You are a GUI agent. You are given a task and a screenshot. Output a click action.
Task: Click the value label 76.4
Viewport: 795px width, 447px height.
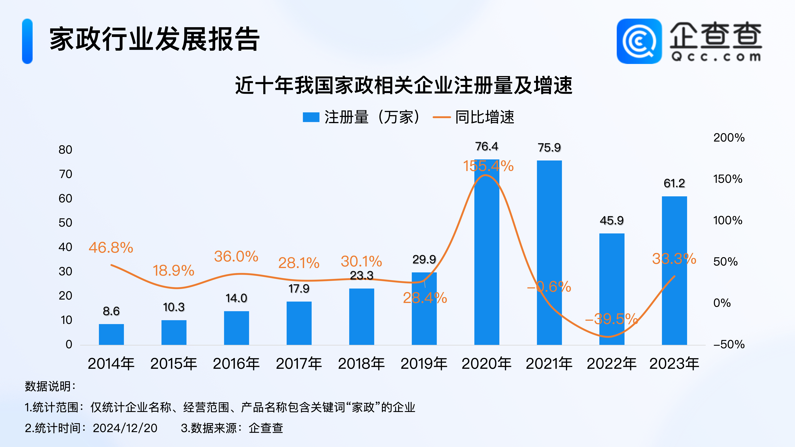(x=487, y=146)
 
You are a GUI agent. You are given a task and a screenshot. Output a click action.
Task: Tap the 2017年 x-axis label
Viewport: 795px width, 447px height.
(x=299, y=363)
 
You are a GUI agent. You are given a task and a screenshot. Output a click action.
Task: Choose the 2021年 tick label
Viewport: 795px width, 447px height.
(x=549, y=363)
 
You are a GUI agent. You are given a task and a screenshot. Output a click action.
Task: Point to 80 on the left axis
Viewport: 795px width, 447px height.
(x=65, y=150)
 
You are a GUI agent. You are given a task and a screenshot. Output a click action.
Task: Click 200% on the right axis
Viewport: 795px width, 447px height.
(x=729, y=138)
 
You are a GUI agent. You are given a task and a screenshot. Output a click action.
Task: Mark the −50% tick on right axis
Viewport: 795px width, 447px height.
(x=729, y=344)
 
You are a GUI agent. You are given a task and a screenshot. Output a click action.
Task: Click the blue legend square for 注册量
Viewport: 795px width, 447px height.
(x=311, y=117)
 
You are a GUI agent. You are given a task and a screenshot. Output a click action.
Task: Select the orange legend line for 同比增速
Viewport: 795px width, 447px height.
(x=442, y=117)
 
